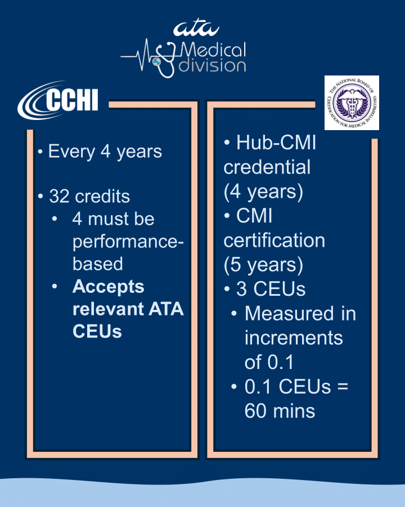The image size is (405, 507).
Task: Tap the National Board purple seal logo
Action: tap(352, 103)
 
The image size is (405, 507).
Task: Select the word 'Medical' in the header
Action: tap(213, 51)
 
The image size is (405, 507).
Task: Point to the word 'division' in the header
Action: tap(212, 66)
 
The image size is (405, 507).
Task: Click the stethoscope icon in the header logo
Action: tap(165, 59)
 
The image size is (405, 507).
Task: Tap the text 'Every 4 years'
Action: tap(105, 152)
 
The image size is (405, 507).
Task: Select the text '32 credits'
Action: tap(89, 197)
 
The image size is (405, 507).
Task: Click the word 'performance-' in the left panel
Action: tap(128, 241)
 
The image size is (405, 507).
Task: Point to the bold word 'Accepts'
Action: tap(108, 286)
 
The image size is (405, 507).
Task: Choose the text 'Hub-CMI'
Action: tap(276, 143)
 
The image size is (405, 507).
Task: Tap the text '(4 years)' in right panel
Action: tap(263, 192)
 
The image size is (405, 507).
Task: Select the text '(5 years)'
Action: tap(263, 265)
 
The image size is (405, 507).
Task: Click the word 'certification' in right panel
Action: tap(274, 241)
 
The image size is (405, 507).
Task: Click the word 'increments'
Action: tap(293, 338)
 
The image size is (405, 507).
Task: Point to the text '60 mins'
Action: tap(280, 411)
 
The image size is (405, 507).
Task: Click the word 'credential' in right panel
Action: tap(267, 167)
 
